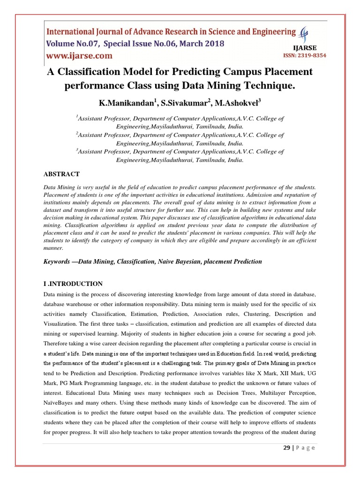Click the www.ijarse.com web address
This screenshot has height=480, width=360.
click(x=79, y=56)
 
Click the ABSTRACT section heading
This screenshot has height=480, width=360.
click(x=61, y=174)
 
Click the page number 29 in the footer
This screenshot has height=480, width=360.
click(x=287, y=448)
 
